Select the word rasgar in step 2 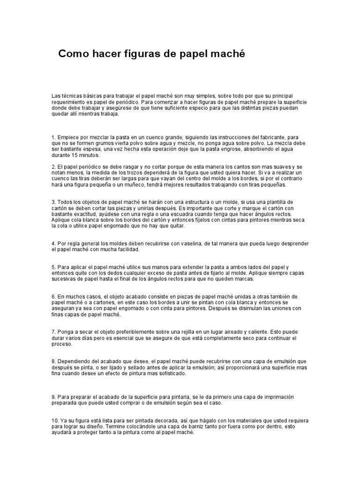point(127,166)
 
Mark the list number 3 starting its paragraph point(53,202)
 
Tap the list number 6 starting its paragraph point(53,297)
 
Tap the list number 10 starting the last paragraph point(54,420)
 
